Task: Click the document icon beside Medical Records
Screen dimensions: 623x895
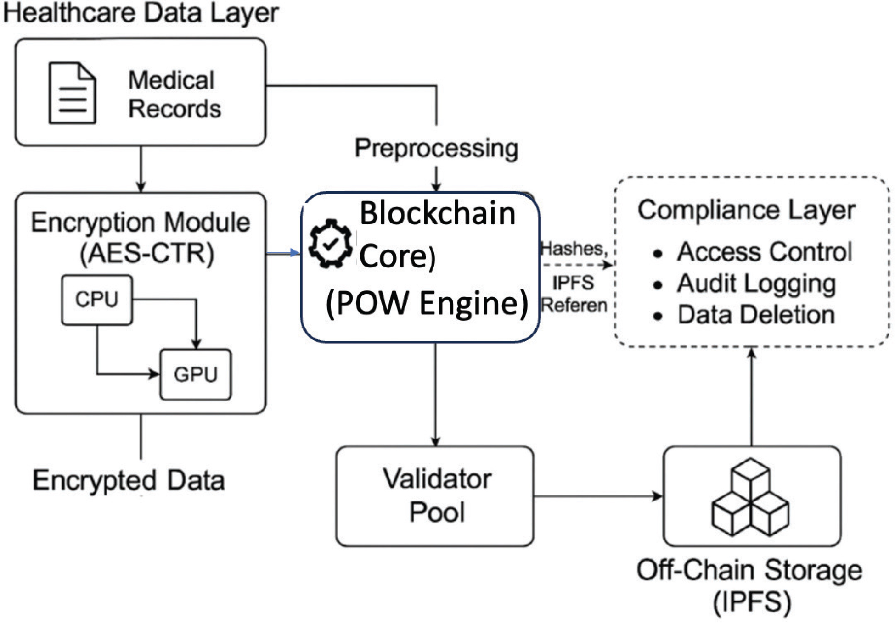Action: tap(73, 93)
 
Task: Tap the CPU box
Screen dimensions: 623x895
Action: tap(97, 300)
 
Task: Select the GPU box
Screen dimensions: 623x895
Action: tap(196, 374)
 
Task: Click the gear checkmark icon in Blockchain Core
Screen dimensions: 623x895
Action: tap(331, 244)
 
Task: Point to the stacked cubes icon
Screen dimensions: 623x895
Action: tap(750, 497)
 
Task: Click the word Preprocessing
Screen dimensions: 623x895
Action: tap(436, 149)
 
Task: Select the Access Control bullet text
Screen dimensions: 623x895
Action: tap(765, 252)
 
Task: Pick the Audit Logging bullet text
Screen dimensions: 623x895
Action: tap(756, 284)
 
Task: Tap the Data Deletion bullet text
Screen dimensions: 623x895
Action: tap(756, 315)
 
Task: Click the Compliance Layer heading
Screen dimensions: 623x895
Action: tap(746, 210)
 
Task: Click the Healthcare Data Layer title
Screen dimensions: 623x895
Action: tap(141, 13)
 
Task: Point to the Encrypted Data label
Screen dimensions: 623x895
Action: tap(129, 480)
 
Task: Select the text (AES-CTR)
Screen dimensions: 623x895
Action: tap(147, 253)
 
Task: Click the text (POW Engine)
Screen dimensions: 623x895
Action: tap(427, 303)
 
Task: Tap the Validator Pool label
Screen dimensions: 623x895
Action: tap(437, 495)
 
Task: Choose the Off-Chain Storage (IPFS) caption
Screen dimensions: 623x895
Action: tap(749, 585)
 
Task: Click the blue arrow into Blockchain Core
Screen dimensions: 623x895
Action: tap(283, 253)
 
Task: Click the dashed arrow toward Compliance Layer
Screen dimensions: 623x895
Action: tap(577, 265)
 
